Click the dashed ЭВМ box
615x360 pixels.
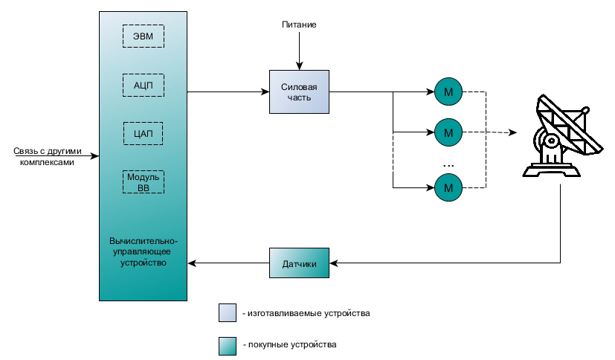[143, 36]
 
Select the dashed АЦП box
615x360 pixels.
[143, 85]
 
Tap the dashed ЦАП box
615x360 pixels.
[143, 134]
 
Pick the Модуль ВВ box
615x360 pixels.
[143, 183]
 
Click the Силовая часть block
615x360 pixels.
[298, 92]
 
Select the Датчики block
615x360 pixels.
[298, 264]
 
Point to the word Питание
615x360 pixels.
[298, 25]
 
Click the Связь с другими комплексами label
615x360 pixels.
[44, 156]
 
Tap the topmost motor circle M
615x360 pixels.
[448, 92]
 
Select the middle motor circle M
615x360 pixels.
[448, 133]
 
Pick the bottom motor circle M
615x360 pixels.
[448, 187]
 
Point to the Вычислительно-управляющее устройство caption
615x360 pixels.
[142, 252]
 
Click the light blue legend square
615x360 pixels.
[227, 313]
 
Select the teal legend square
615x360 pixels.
[227, 345]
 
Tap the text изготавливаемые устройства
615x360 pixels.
[306, 313]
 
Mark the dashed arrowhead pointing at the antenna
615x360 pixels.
[512, 133]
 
